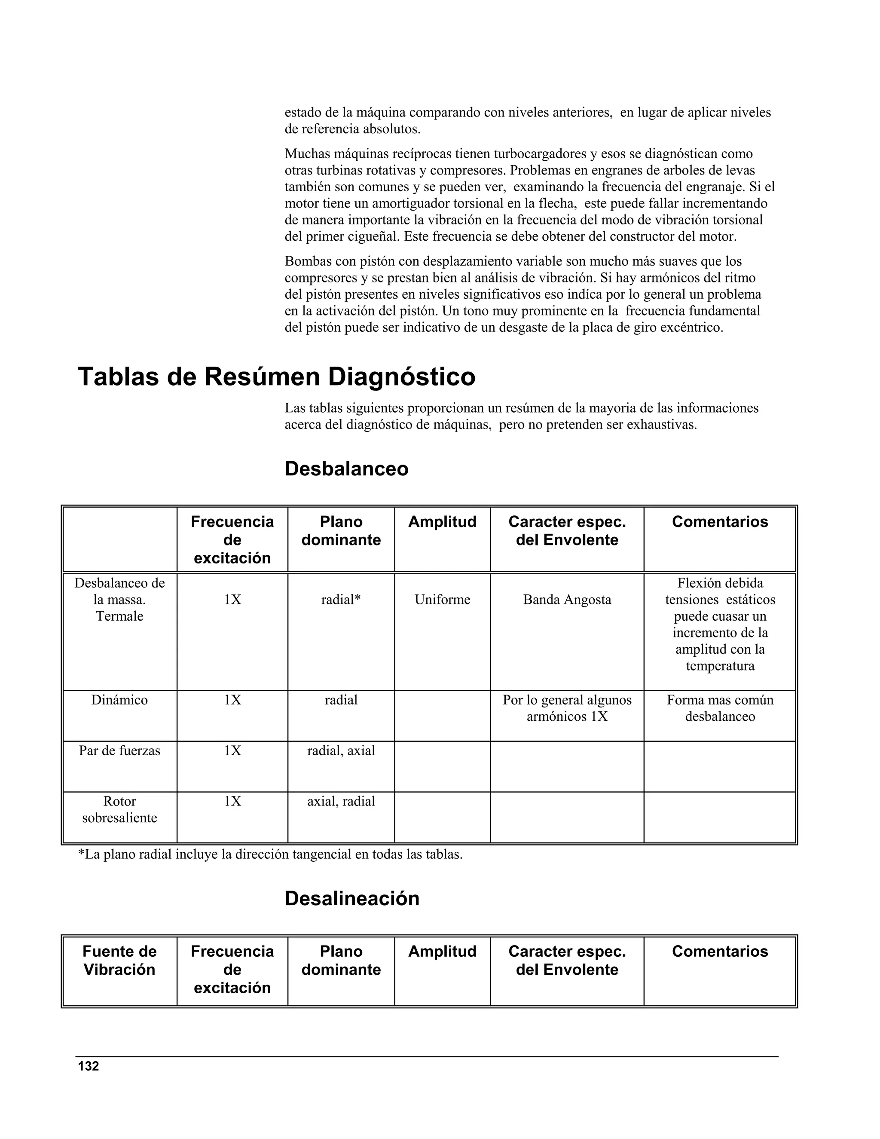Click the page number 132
pos(88,1066)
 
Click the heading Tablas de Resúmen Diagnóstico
pos(276,377)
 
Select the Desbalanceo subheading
pos(346,469)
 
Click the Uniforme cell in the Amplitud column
pos(442,600)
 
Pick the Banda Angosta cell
pos(567,600)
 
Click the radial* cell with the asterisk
pos(341,600)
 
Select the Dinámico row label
pos(119,700)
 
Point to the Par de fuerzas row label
pos(119,750)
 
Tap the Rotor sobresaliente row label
pos(119,809)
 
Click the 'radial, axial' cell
pos(341,750)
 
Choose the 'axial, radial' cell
pos(341,801)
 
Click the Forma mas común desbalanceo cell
pos(719,708)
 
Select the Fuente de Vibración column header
pos(119,960)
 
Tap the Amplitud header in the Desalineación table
pos(442,951)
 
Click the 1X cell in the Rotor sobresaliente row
pos(232,801)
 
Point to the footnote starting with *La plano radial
pos(270,854)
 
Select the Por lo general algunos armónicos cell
pos(567,708)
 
